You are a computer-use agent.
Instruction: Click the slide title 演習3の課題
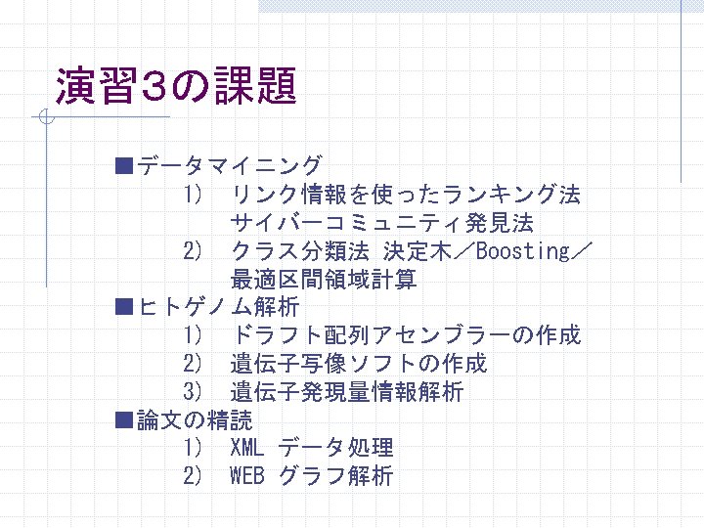point(176,85)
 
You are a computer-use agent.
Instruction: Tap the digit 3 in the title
point(154,86)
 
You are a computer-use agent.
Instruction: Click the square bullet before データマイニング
point(124,165)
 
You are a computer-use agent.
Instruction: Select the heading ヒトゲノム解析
point(219,308)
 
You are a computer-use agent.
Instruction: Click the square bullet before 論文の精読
point(124,420)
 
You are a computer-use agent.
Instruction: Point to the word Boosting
point(523,251)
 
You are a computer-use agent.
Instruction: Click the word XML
point(246,447)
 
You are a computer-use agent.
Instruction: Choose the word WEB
point(247,475)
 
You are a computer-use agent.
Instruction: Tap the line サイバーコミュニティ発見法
point(382,223)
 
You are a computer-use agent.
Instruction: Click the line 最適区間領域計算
point(324,280)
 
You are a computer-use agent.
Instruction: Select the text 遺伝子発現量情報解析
point(347,391)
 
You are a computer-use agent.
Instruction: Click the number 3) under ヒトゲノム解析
point(193,391)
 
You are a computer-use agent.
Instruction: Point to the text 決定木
point(418,251)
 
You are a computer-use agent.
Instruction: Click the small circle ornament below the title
point(46,116)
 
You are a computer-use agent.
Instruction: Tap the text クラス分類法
point(300,251)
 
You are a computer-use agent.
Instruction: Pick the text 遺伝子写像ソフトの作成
point(359,364)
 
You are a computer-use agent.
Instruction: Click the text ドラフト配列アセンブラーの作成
point(407,335)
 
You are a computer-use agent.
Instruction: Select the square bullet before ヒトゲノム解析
point(124,308)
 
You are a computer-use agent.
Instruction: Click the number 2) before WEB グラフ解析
point(193,475)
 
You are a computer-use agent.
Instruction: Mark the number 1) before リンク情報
point(193,195)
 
